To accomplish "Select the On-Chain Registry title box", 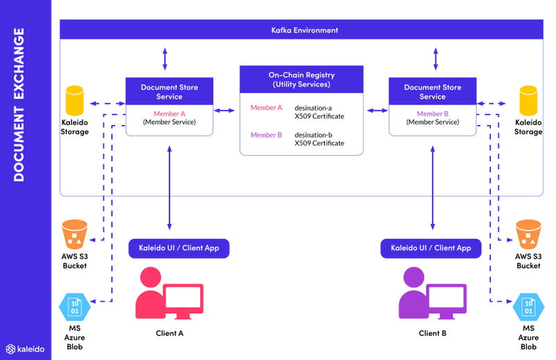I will pyautogui.click(x=301, y=79).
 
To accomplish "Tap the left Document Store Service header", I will pyautogui.click(x=169, y=92).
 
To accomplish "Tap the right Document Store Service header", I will pyautogui.click(x=432, y=92).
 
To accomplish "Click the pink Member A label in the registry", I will pyautogui.click(x=266, y=108).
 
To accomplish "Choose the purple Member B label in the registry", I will pyautogui.click(x=266, y=135).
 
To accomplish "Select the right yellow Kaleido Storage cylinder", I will pyautogui.click(x=528, y=101).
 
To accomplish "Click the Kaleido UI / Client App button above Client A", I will pyautogui.click(x=179, y=248).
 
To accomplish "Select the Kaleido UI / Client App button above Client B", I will pyautogui.click(x=431, y=248).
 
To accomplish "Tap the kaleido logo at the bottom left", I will pyautogui.click(x=26, y=348).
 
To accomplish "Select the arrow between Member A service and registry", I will pyautogui.click(x=226, y=110).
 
